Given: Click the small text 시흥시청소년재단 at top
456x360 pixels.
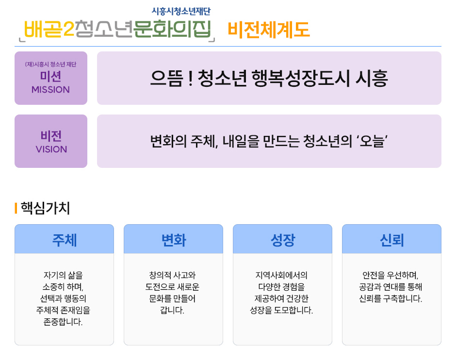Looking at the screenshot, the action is [x=181, y=11].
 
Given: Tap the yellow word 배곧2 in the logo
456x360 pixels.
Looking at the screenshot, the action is [x=49, y=29].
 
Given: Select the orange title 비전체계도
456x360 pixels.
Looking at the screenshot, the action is [x=269, y=30].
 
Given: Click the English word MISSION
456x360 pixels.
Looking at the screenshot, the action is [x=50, y=90].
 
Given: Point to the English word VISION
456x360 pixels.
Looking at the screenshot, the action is [x=51, y=149].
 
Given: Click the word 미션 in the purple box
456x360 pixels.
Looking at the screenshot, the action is [x=50, y=77].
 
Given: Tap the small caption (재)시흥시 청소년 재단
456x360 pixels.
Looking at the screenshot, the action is [x=50, y=64].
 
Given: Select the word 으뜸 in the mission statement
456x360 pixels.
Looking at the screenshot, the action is [x=167, y=79].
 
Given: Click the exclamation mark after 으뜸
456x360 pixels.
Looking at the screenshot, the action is [x=191, y=79].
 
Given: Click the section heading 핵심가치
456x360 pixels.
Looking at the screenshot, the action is [x=46, y=208].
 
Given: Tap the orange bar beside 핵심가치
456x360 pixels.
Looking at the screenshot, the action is [x=16, y=208].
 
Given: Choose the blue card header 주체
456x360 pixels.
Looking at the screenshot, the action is [x=64, y=240].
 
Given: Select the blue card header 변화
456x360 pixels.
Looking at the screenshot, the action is [x=174, y=240].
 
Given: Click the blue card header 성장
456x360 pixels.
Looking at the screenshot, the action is [x=283, y=240].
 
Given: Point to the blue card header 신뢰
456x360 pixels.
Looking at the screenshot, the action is [x=392, y=240].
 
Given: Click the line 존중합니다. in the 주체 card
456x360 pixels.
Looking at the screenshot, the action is [x=63, y=322].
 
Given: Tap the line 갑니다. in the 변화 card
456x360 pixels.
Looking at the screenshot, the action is [x=172, y=310].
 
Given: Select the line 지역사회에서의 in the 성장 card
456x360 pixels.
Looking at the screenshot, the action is [x=281, y=275].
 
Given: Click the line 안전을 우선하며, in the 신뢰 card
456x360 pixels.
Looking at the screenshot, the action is [x=391, y=275].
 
